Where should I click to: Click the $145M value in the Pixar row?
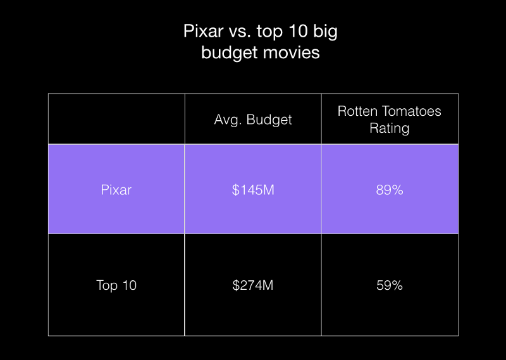tap(253, 190)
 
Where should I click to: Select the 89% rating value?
tap(390, 190)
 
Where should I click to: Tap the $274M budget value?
tap(253, 285)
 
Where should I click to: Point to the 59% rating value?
tap(390, 285)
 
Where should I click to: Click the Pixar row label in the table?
tap(116, 190)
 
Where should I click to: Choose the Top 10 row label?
tap(116, 285)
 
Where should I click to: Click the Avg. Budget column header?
tap(253, 120)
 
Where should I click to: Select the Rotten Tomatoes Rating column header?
tap(390, 120)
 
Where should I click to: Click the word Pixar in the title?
tap(203, 32)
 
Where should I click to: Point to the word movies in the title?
tap(293, 53)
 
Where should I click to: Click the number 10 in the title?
tap(299, 32)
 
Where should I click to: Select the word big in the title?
tap(325, 32)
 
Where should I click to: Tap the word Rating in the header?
tap(390, 128)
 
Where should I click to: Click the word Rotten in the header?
tap(357, 111)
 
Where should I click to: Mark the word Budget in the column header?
tap(269, 120)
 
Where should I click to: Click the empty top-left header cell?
tap(116, 118)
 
